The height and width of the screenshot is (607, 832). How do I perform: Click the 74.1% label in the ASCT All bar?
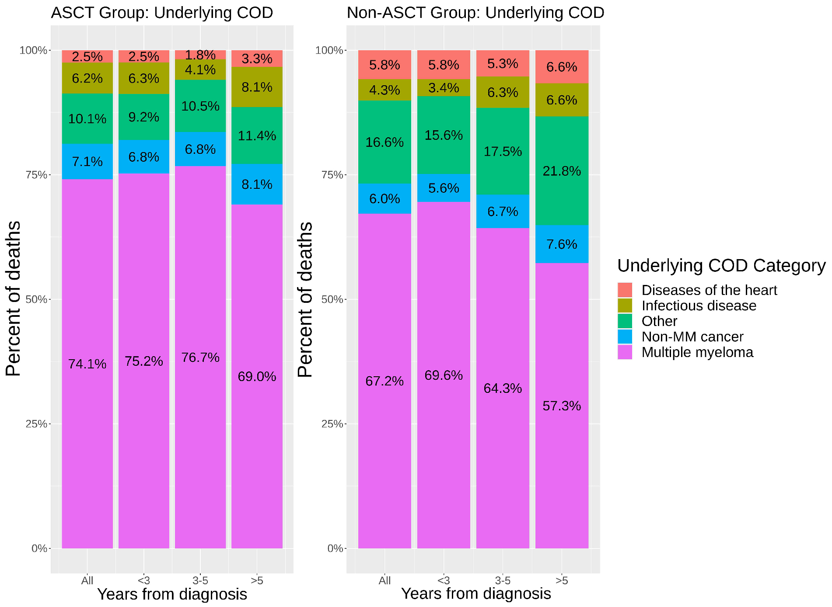tap(87, 364)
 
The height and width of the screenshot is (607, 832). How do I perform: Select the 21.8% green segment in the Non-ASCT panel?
tap(562, 171)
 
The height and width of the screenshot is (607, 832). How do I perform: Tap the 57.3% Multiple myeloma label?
tap(562, 406)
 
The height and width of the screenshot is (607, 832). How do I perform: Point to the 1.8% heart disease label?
tap(200, 55)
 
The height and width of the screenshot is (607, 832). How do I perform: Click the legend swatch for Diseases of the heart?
tap(625, 290)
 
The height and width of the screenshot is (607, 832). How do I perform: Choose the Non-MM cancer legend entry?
tap(692, 336)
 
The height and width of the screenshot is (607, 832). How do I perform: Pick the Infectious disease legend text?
tap(699, 305)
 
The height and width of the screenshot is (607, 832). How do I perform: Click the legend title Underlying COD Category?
tap(721, 266)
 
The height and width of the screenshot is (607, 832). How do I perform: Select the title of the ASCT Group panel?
tap(162, 13)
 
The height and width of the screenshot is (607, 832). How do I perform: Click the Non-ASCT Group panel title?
tap(475, 13)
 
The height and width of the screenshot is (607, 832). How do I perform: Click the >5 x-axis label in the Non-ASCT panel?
tap(562, 580)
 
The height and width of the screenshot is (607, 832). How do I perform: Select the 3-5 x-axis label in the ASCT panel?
tap(200, 580)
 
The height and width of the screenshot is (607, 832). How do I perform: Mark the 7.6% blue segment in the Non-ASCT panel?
tap(562, 244)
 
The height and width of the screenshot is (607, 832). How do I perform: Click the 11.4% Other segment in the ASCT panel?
tap(257, 136)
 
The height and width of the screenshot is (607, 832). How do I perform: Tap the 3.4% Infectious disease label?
tap(444, 88)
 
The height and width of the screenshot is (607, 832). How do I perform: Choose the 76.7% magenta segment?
tap(200, 357)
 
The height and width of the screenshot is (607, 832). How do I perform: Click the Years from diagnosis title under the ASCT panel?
tap(172, 594)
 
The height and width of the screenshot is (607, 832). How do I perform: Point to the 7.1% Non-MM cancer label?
tap(87, 162)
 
